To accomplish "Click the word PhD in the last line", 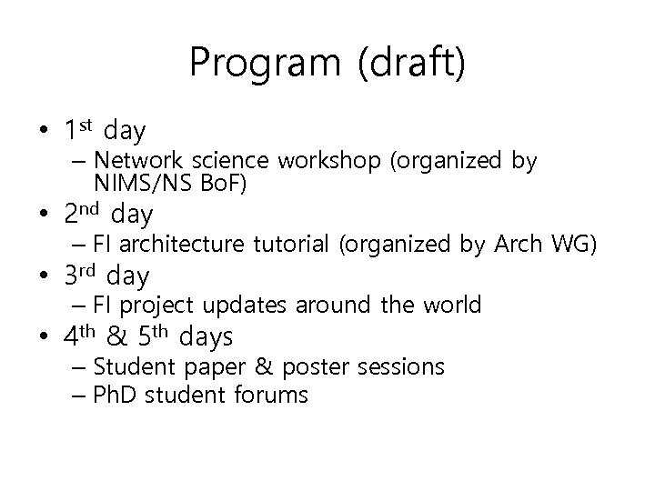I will click(x=115, y=395).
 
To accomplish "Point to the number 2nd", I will click(x=82, y=215).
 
